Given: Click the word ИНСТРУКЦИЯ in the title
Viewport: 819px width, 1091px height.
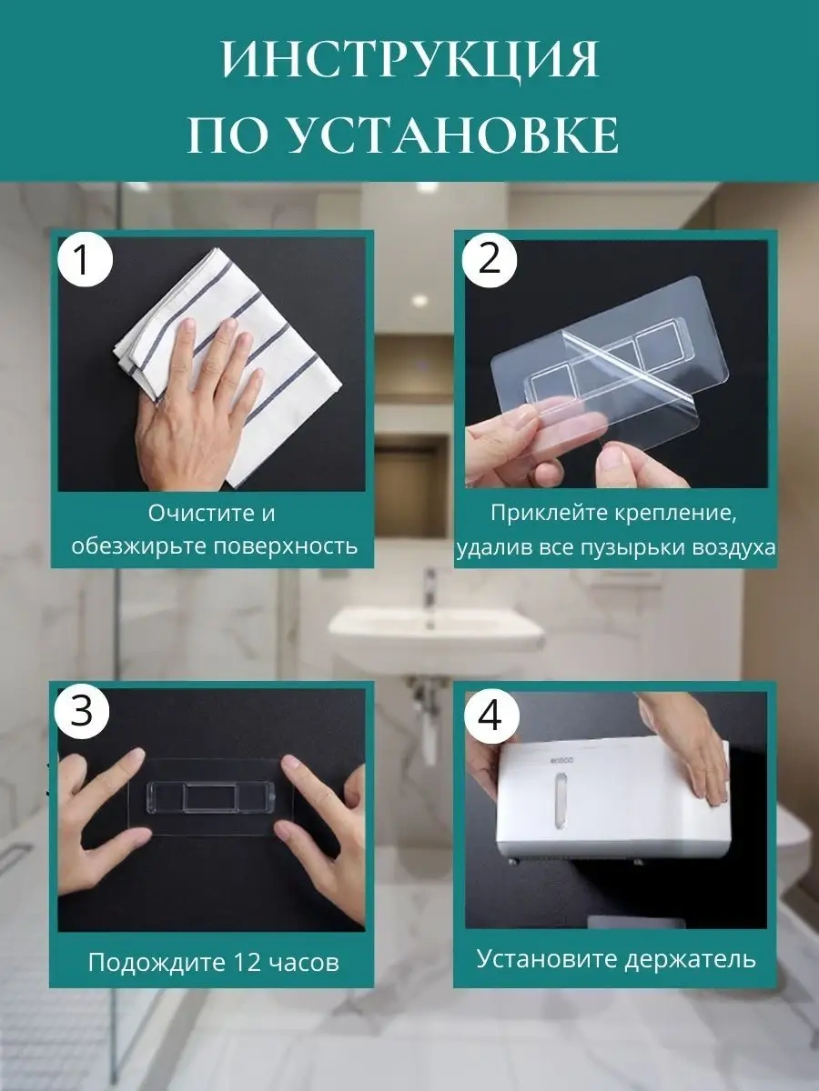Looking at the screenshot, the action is coord(410,60).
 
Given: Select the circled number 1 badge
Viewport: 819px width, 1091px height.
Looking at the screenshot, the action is coord(85,261).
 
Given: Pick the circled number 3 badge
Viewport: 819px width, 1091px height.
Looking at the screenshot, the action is coord(82,710).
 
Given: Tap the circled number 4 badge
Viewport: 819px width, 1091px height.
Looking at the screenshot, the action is coord(491,716).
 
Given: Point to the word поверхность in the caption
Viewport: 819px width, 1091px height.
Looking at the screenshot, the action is coord(286,546).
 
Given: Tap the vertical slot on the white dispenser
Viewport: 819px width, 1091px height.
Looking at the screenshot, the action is coord(561,804).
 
